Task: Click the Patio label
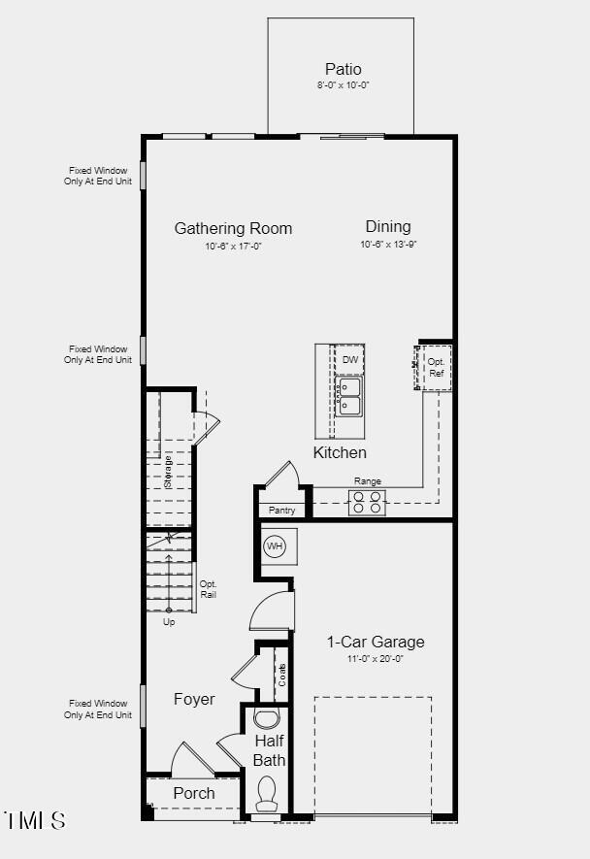click(x=343, y=69)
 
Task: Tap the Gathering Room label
click(x=233, y=229)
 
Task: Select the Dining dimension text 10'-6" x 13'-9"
click(x=388, y=246)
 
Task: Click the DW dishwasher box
click(x=349, y=359)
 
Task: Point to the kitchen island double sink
click(x=349, y=396)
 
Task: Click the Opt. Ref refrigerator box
click(x=436, y=367)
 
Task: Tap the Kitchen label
click(x=340, y=452)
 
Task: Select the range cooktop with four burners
click(x=367, y=502)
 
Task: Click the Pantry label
click(x=281, y=510)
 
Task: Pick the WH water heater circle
click(x=275, y=546)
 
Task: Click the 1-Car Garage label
click(x=375, y=642)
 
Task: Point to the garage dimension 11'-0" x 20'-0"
click(x=375, y=658)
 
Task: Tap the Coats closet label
click(x=281, y=675)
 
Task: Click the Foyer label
click(x=194, y=699)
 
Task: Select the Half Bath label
click(x=269, y=750)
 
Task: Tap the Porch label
click(x=194, y=793)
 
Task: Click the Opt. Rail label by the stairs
click(x=208, y=589)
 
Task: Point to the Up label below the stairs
click(x=169, y=622)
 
